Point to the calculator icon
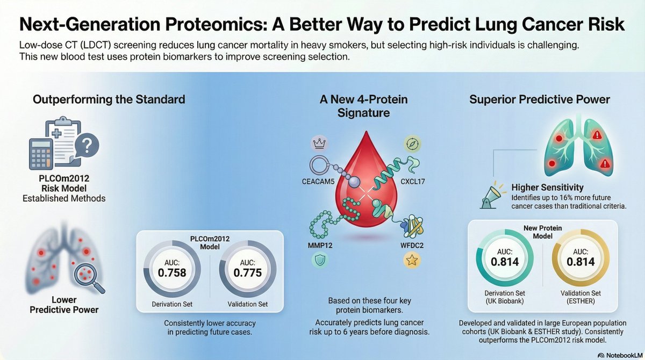(x=45, y=152)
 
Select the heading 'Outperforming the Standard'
(x=109, y=99)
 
